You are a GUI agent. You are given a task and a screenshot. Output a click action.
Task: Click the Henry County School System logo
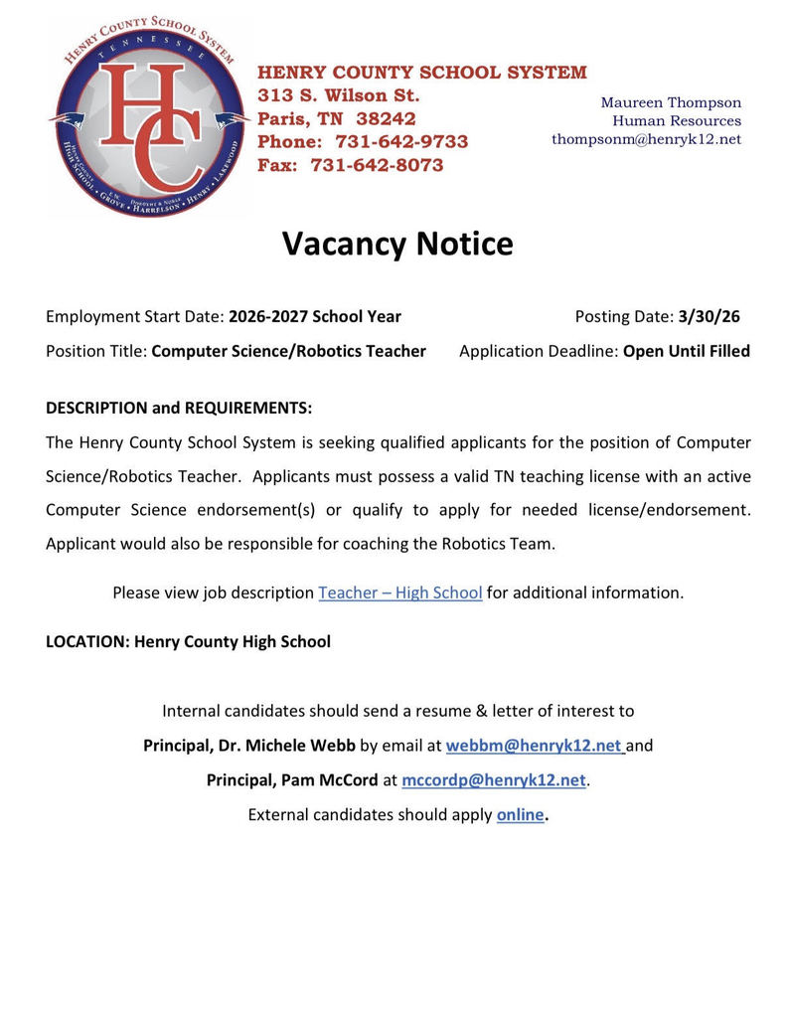[x=149, y=117]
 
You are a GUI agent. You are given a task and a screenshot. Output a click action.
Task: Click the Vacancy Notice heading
[x=397, y=244]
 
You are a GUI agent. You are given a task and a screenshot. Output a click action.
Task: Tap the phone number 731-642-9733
[x=401, y=142]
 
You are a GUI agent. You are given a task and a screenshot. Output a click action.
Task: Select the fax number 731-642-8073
[x=378, y=166]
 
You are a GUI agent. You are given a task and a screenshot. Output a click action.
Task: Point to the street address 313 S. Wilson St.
[x=339, y=96]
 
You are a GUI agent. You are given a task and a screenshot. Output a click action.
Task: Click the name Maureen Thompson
[x=671, y=102]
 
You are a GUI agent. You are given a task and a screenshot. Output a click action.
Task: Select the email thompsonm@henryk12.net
[x=646, y=139]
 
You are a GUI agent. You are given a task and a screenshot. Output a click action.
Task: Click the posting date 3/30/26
[x=709, y=316]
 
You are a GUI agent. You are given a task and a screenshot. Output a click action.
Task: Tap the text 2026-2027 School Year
[x=315, y=316]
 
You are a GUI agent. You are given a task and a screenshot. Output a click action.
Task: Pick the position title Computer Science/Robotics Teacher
[x=288, y=351]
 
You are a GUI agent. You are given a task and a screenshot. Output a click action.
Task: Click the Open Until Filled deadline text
[x=686, y=351]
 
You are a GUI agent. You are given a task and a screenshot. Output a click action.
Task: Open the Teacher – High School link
[x=400, y=593]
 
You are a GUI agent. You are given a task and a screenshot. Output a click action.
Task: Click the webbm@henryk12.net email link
[x=534, y=746]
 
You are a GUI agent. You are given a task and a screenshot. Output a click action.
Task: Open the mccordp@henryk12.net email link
[x=494, y=780]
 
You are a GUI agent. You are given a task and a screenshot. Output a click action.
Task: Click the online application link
[x=520, y=815]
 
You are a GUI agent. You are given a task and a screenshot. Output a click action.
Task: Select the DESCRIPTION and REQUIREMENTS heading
[x=179, y=409]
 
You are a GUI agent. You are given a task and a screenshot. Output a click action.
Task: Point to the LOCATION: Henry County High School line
[x=188, y=641]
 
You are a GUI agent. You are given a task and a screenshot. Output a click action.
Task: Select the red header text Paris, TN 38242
[x=337, y=119]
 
